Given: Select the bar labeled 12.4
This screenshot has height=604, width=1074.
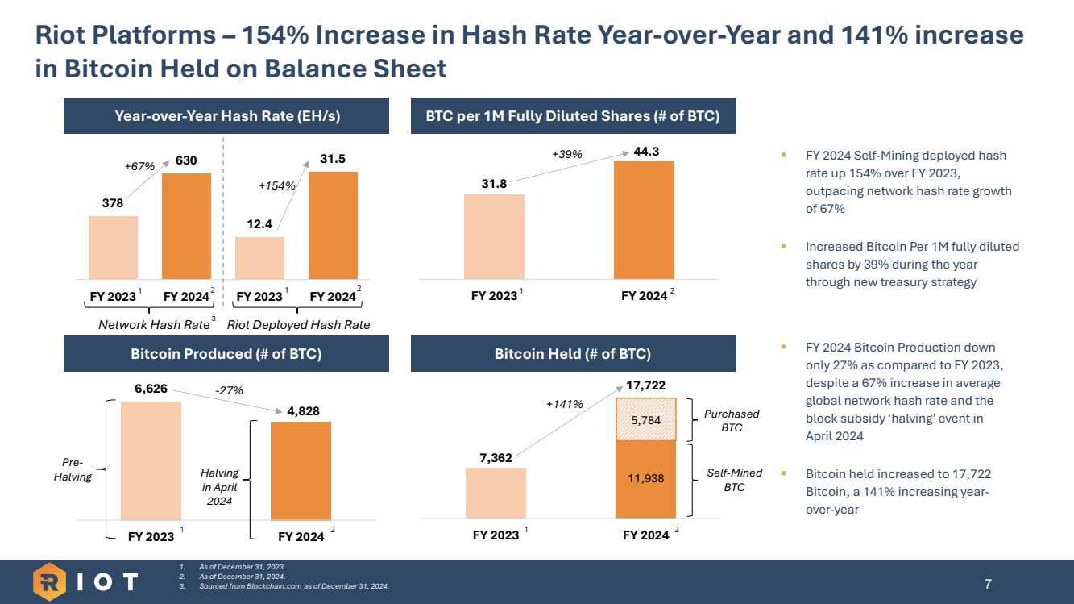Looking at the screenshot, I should coord(259,258).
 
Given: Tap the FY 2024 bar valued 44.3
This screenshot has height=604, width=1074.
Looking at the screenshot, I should coord(644,220).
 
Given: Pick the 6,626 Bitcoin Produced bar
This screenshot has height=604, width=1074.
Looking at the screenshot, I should coord(151,460).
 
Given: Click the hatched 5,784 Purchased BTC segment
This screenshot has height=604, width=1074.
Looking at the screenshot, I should coord(645,419).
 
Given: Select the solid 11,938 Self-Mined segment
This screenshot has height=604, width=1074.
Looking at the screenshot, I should coord(645,479).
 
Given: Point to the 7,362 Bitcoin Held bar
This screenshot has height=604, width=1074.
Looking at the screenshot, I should coord(496,494).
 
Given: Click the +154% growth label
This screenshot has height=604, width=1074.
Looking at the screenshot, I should coord(277,185).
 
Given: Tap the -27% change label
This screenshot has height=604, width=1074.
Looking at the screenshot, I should coord(229,390).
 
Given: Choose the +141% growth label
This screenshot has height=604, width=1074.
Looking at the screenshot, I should coord(564,404).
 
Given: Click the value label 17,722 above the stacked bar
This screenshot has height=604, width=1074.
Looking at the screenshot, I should coord(645,386).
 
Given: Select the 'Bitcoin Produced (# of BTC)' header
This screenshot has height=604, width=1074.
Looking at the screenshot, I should coord(226,354).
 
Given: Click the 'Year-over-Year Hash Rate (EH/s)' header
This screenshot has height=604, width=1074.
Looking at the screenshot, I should coord(226,115).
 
